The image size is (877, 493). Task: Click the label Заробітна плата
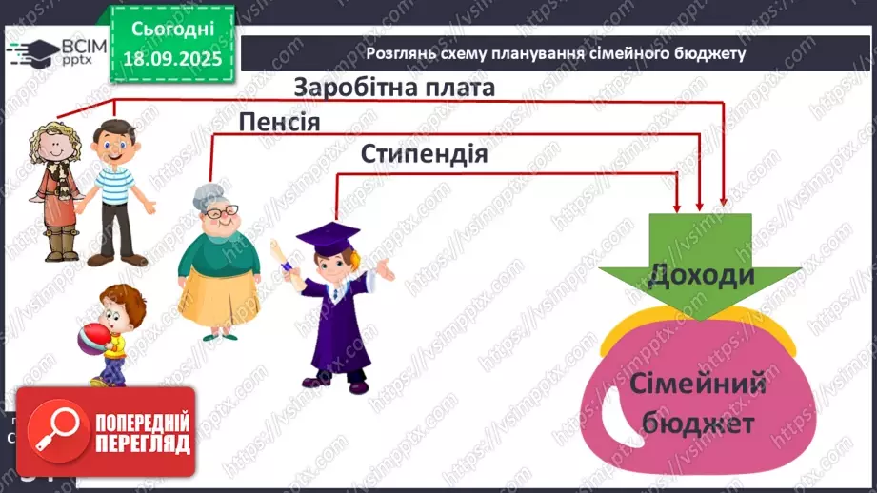click(x=394, y=88)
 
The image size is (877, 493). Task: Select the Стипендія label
click(x=424, y=154)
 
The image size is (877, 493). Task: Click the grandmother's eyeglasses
click(x=217, y=215)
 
